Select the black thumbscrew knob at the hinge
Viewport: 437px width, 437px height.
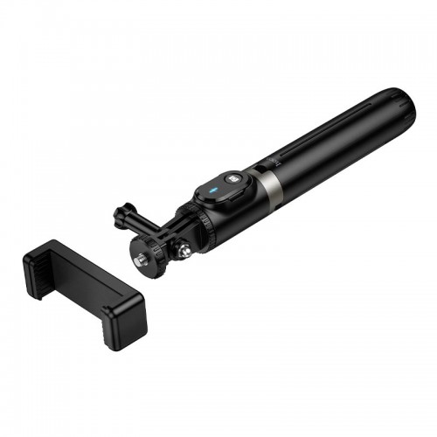(121, 212)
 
